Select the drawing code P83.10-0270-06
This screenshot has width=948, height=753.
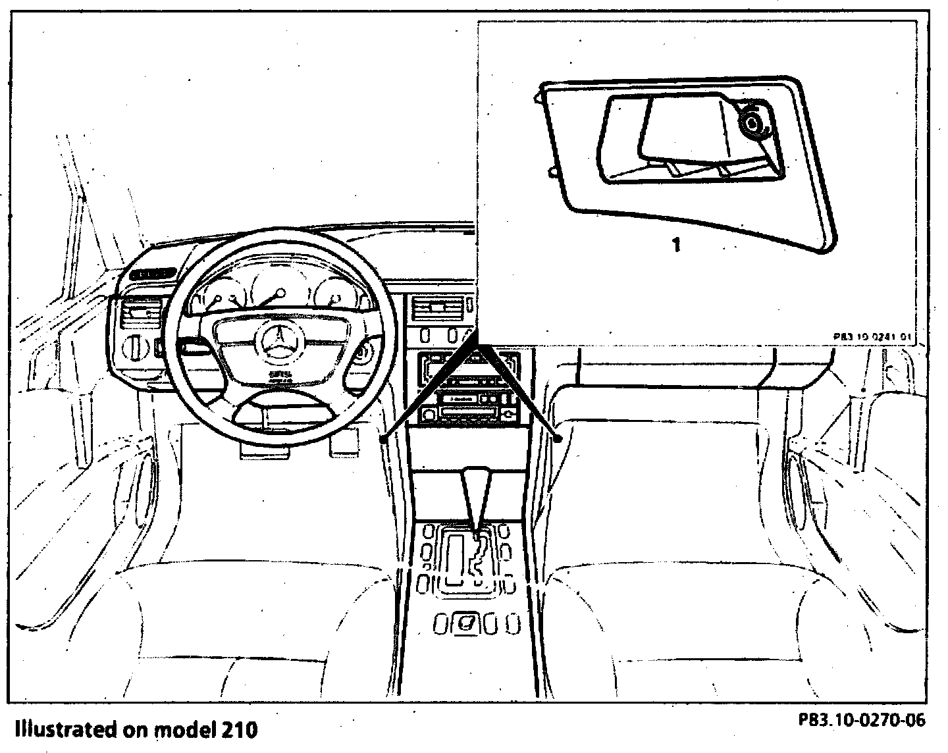coord(862,720)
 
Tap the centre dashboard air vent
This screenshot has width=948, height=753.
coord(438,307)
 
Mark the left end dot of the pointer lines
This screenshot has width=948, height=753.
coord(382,438)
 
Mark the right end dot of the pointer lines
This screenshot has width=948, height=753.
coord(558,438)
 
